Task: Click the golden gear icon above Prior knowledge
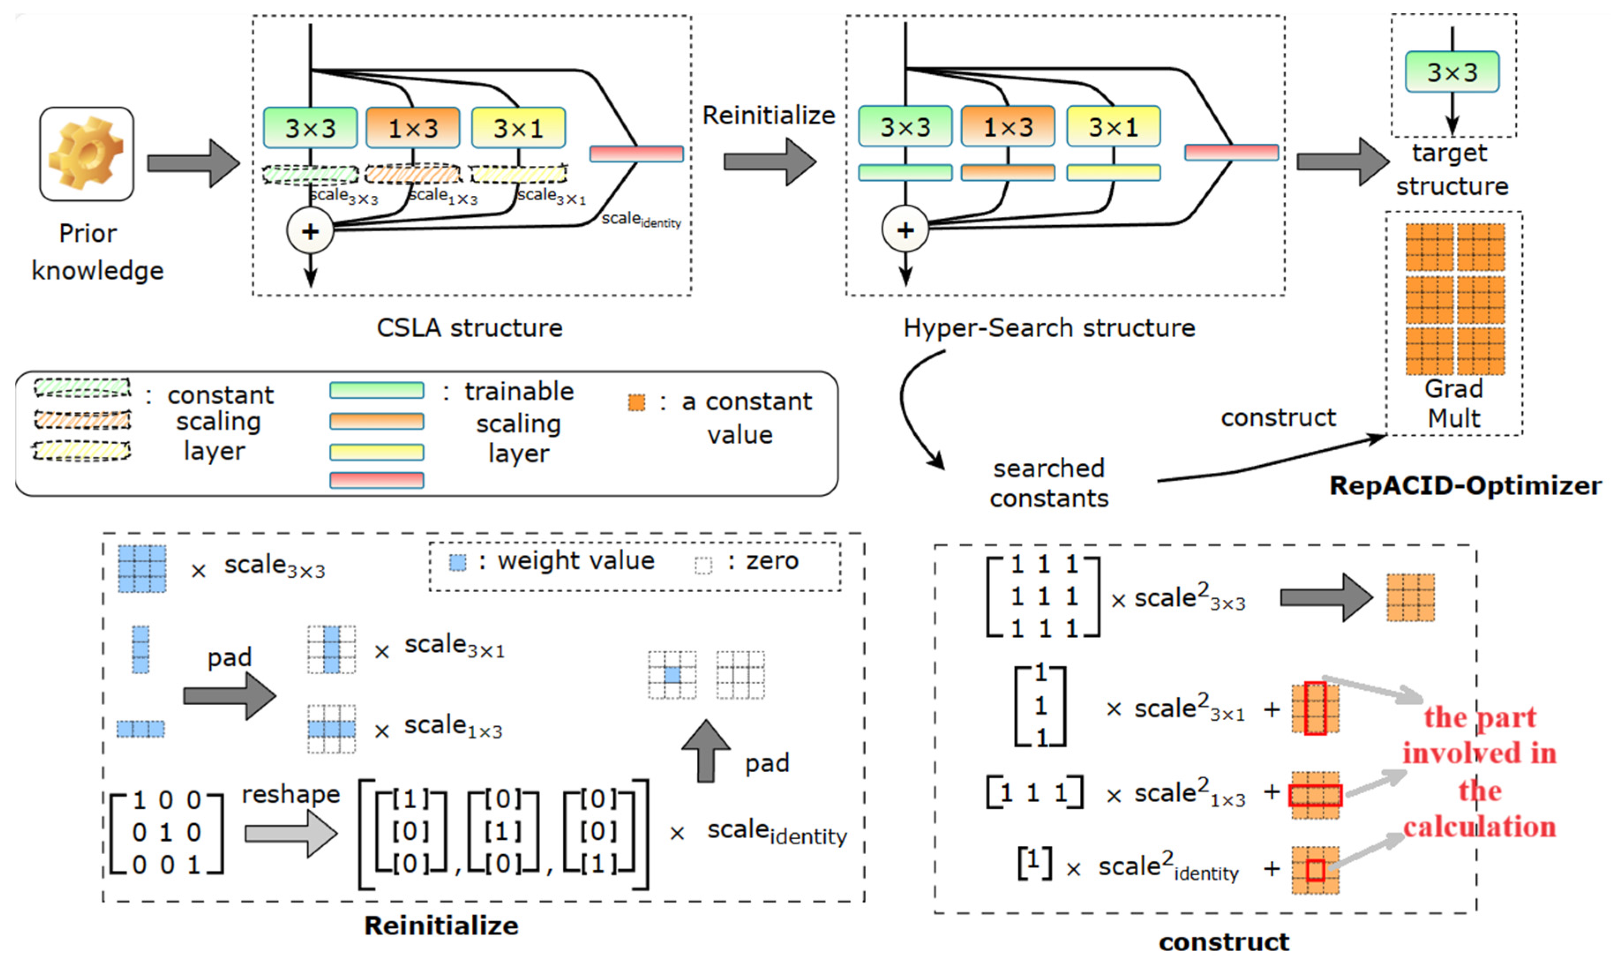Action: (x=86, y=153)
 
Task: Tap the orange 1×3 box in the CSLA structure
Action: (x=413, y=128)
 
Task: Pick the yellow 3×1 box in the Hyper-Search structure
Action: (x=1113, y=127)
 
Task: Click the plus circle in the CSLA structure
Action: (x=310, y=231)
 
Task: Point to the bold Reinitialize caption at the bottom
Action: (x=441, y=926)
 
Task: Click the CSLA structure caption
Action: (x=470, y=328)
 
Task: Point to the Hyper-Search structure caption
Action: (x=1049, y=328)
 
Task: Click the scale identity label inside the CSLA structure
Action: (x=641, y=220)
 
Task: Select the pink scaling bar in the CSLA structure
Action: (x=636, y=154)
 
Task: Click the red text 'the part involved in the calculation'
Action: (x=1480, y=772)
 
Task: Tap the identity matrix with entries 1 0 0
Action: (x=166, y=832)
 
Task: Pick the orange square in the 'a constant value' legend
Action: (x=636, y=403)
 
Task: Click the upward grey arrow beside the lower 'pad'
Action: (x=706, y=750)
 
